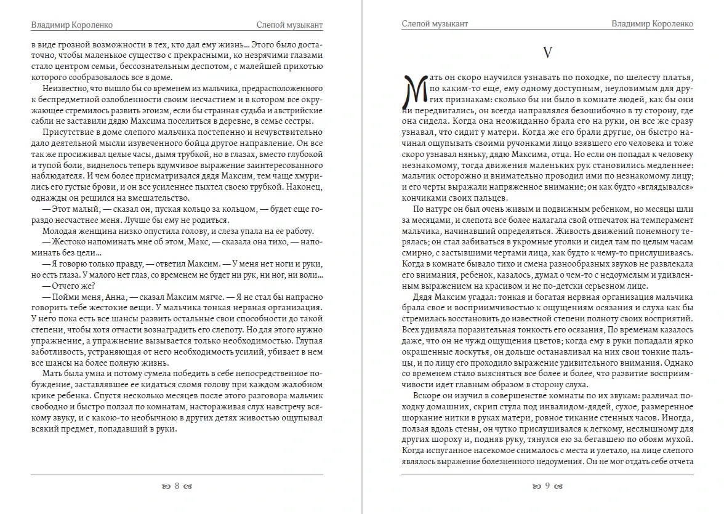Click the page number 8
[177, 486]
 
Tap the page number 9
[547, 486]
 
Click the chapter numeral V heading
[547, 53]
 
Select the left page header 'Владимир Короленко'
[71, 25]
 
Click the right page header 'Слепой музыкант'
[435, 24]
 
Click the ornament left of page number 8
[166, 486]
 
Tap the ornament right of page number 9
[559, 486]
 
